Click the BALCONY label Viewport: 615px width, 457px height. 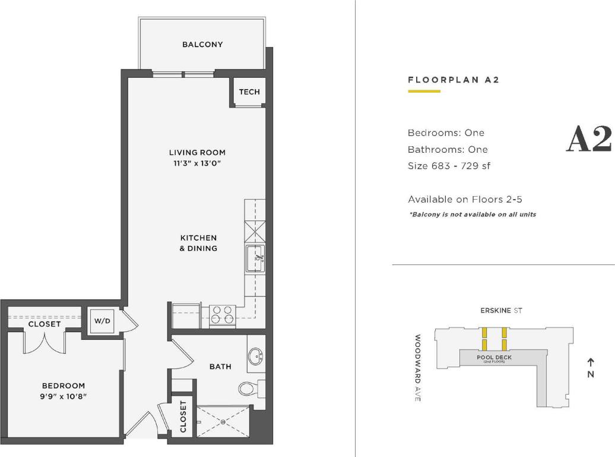coord(202,45)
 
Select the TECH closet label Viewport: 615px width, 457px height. coord(249,92)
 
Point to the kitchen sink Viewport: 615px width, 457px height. coord(256,258)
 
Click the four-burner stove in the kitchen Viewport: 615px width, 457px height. coord(223,314)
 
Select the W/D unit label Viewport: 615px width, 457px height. coord(102,321)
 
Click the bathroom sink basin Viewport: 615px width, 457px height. coord(257,357)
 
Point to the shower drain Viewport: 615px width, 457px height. coord(223,422)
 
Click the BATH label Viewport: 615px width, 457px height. coord(220,367)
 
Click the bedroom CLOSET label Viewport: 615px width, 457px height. coord(45,324)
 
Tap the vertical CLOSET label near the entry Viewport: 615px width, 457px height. coord(183,416)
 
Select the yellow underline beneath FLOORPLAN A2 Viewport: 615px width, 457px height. coord(424,92)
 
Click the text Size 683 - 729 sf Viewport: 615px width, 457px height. coord(449,166)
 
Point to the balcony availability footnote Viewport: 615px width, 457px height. coord(472,215)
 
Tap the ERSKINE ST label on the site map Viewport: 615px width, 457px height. coord(501,311)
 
